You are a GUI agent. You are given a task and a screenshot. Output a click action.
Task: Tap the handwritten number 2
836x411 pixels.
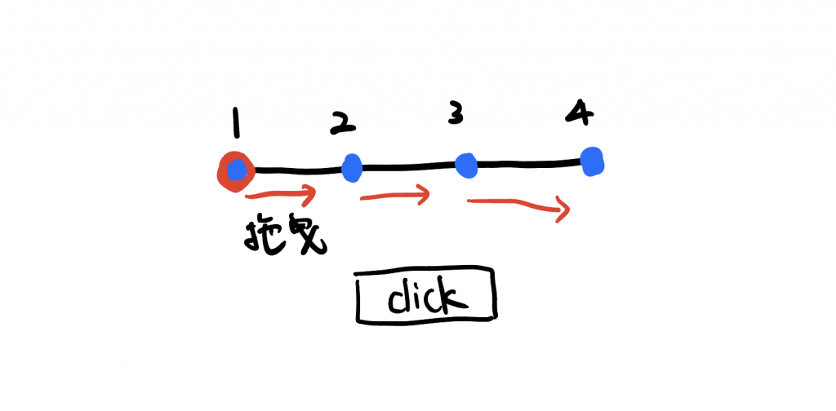pyautogui.click(x=344, y=123)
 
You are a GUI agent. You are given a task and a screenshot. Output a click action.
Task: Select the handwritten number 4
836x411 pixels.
pyautogui.click(x=580, y=114)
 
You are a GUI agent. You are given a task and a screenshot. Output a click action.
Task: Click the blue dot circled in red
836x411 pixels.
pyautogui.click(x=237, y=171)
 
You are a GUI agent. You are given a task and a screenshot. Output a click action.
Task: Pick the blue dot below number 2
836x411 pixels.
pyautogui.click(x=352, y=168)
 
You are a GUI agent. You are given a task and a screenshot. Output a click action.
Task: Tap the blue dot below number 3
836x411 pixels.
pyautogui.click(x=466, y=166)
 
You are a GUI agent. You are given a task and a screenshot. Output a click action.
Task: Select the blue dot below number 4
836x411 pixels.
pyautogui.click(x=592, y=160)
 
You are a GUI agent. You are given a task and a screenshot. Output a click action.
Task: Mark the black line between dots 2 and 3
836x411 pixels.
pyautogui.click(x=408, y=167)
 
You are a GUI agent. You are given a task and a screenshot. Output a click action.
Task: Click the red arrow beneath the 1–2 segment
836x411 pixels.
pyautogui.click(x=279, y=196)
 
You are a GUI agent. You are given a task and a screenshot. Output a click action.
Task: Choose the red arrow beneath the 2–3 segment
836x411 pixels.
pyautogui.click(x=394, y=197)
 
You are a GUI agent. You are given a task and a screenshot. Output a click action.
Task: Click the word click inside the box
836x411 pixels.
pyautogui.click(x=425, y=298)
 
